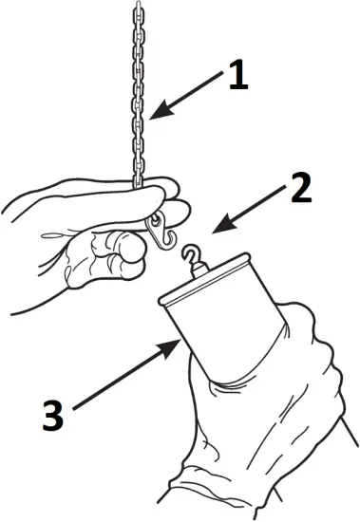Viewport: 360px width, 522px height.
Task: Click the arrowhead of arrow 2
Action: point(213,230)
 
